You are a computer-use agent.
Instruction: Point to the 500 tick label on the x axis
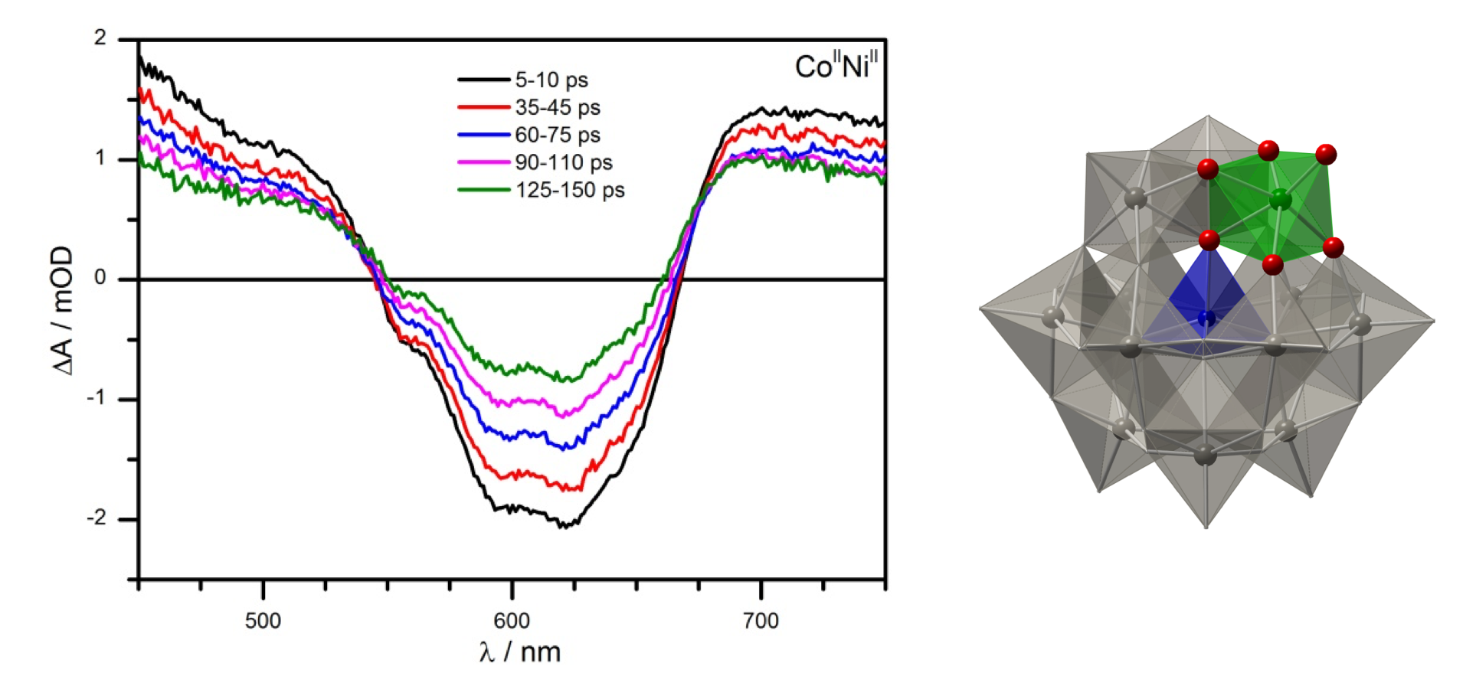point(263,620)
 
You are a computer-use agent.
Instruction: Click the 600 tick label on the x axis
point(512,620)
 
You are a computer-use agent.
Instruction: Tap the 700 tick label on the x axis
point(761,620)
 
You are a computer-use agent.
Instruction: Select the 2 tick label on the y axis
point(100,38)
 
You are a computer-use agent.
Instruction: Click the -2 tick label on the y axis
point(97,518)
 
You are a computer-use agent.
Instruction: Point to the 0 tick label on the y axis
point(100,278)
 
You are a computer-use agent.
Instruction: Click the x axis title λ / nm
point(520,652)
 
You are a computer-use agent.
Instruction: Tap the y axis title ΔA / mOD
point(63,310)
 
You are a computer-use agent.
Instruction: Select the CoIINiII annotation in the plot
point(836,66)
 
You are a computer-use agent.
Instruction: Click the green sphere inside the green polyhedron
point(1280,201)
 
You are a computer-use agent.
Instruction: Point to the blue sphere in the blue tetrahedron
point(1207,318)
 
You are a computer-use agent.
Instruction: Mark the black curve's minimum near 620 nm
point(563,526)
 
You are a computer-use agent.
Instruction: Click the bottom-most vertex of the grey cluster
point(1206,528)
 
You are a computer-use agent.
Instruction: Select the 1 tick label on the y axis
point(100,158)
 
